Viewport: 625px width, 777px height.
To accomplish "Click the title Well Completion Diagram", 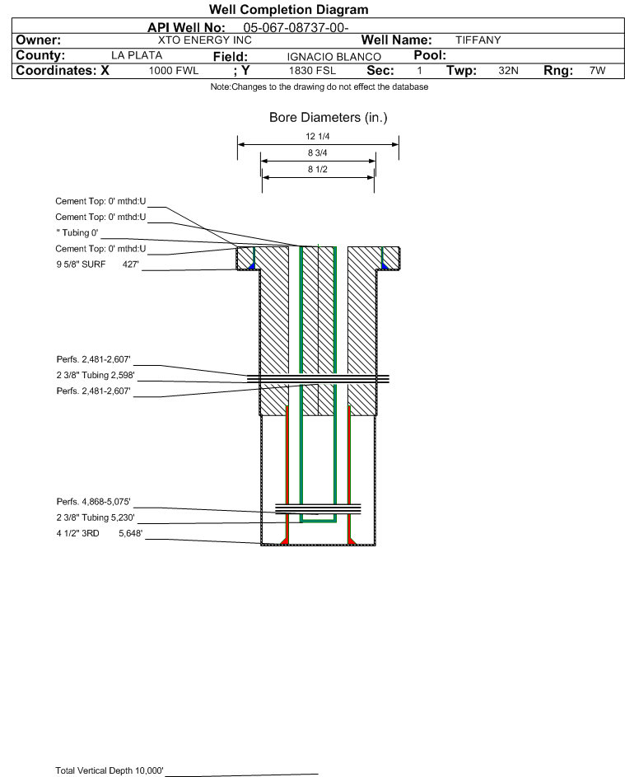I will click(x=288, y=10).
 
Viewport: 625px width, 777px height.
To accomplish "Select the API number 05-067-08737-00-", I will click(x=296, y=27).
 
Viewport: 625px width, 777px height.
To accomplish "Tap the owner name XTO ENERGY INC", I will click(x=204, y=40).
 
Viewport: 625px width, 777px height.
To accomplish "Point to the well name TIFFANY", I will click(x=478, y=40).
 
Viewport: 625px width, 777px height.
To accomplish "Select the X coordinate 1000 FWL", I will click(x=173, y=71).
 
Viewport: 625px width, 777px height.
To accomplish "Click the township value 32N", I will click(x=508, y=71).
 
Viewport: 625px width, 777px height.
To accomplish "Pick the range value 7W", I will click(x=597, y=71).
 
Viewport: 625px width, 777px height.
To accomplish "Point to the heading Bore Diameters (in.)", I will click(x=328, y=118).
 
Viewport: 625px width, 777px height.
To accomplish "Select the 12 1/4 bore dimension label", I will click(x=318, y=136).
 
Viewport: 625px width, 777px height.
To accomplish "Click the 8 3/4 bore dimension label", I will click(x=318, y=152).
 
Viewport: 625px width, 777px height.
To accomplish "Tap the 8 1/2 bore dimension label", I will click(x=318, y=169).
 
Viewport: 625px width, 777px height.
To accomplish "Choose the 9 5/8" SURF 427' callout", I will click(x=97, y=264).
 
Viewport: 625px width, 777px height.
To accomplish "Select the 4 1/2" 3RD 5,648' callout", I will click(x=100, y=533).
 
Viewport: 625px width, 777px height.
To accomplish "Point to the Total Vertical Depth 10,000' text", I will click(x=110, y=770).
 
